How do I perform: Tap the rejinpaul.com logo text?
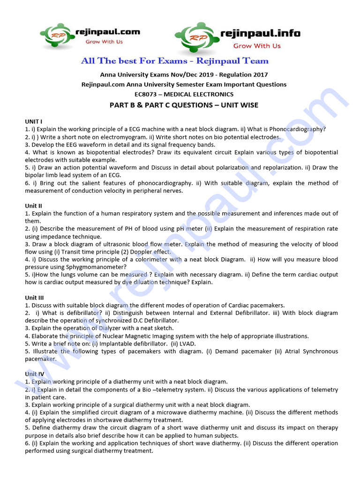click(x=107, y=32)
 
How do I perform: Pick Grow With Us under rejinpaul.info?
click(x=257, y=46)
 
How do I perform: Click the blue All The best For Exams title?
click(x=175, y=61)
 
